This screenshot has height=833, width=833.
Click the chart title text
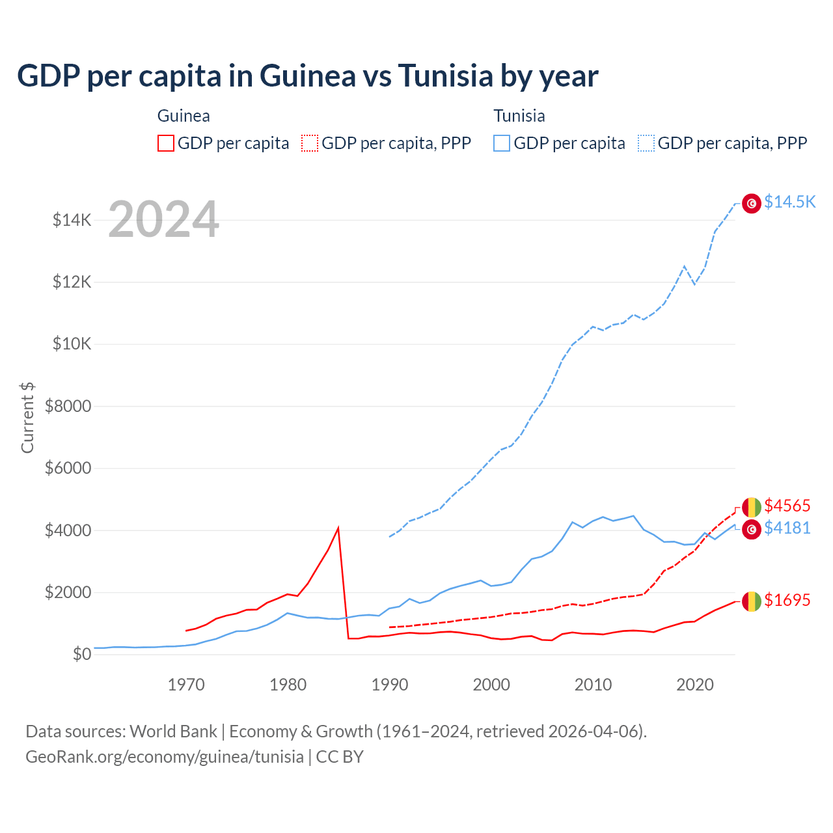307,76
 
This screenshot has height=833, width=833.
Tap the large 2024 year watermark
163,219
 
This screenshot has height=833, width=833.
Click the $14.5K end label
789,202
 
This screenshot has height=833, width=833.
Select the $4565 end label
787,506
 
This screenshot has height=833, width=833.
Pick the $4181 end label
787,528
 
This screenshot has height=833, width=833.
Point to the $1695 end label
787,600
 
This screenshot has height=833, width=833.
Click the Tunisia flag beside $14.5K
752,204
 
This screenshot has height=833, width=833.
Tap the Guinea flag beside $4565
752,506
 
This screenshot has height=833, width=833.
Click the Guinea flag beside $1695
752,601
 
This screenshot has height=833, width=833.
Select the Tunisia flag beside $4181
752,529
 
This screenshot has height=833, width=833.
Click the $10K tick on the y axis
72,344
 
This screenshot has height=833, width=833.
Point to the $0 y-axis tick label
81,654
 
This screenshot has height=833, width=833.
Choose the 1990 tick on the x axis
389,685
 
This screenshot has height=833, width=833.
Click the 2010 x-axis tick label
593,685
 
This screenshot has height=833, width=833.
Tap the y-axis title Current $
27,418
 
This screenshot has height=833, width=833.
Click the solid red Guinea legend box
166,143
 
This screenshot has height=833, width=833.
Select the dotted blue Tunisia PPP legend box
646,143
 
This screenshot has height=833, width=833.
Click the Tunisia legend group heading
519,116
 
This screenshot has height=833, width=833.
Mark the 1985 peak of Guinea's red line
338,528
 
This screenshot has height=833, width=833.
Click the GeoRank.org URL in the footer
165,757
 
